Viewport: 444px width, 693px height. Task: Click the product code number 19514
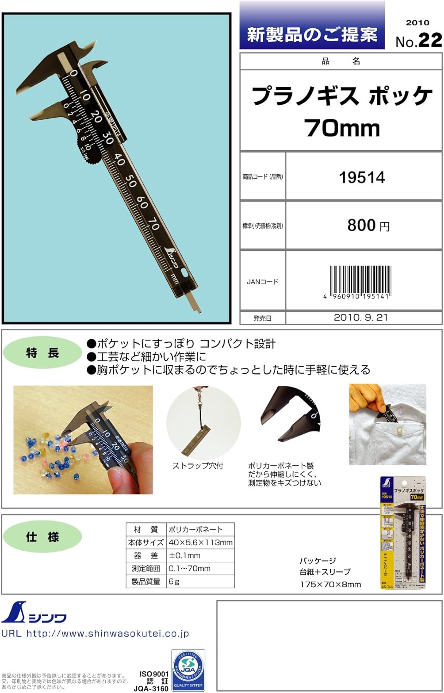tap(362, 177)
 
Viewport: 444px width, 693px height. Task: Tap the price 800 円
tap(368, 225)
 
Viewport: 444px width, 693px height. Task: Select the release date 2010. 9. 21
tap(361, 317)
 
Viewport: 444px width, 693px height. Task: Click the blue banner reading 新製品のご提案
tap(312, 34)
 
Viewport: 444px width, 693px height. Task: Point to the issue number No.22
tap(419, 41)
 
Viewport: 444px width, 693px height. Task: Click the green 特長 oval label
tap(42, 353)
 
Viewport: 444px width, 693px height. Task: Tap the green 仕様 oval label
tap(42, 537)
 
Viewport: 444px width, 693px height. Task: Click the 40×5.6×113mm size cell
tap(201, 542)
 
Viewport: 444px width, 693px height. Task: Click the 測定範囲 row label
tap(146, 568)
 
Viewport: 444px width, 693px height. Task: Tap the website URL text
tap(95, 633)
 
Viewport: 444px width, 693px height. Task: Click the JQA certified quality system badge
tap(188, 670)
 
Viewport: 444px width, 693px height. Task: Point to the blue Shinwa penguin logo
tap(14, 613)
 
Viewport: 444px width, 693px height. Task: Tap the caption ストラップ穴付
tap(198, 466)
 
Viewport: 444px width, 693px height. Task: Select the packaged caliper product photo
tap(402, 533)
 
